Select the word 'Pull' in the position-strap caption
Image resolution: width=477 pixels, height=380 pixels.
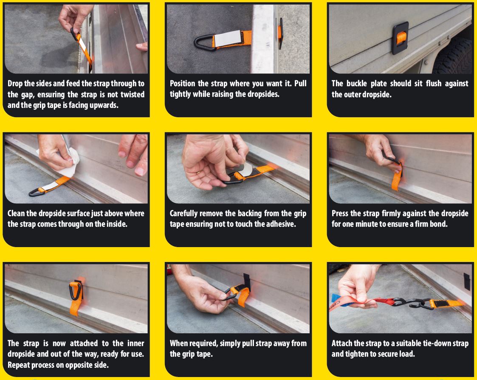[300, 83]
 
